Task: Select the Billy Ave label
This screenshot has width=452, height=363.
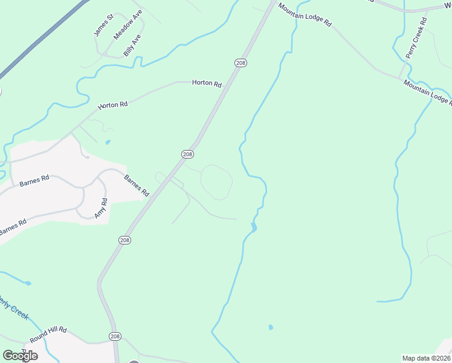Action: click(132, 45)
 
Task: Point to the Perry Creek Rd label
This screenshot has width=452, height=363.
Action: click(416, 38)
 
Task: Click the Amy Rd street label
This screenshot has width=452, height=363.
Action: click(100, 208)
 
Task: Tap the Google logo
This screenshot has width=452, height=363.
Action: click(20, 355)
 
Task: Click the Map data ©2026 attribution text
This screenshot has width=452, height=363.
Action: click(426, 358)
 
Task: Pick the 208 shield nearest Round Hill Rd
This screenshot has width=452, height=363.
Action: click(115, 336)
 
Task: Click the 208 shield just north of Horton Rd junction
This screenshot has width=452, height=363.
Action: click(241, 63)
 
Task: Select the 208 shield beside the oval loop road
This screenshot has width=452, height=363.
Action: click(187, 154)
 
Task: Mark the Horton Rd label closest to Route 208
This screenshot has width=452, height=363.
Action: click(207, 83)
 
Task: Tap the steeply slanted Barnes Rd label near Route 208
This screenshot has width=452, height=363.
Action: click(137, 186)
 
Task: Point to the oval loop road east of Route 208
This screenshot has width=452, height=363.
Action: click(216, 182)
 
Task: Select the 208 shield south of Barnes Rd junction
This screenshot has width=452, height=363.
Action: click(124, 240)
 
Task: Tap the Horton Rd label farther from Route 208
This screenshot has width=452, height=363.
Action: click(114, 104)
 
